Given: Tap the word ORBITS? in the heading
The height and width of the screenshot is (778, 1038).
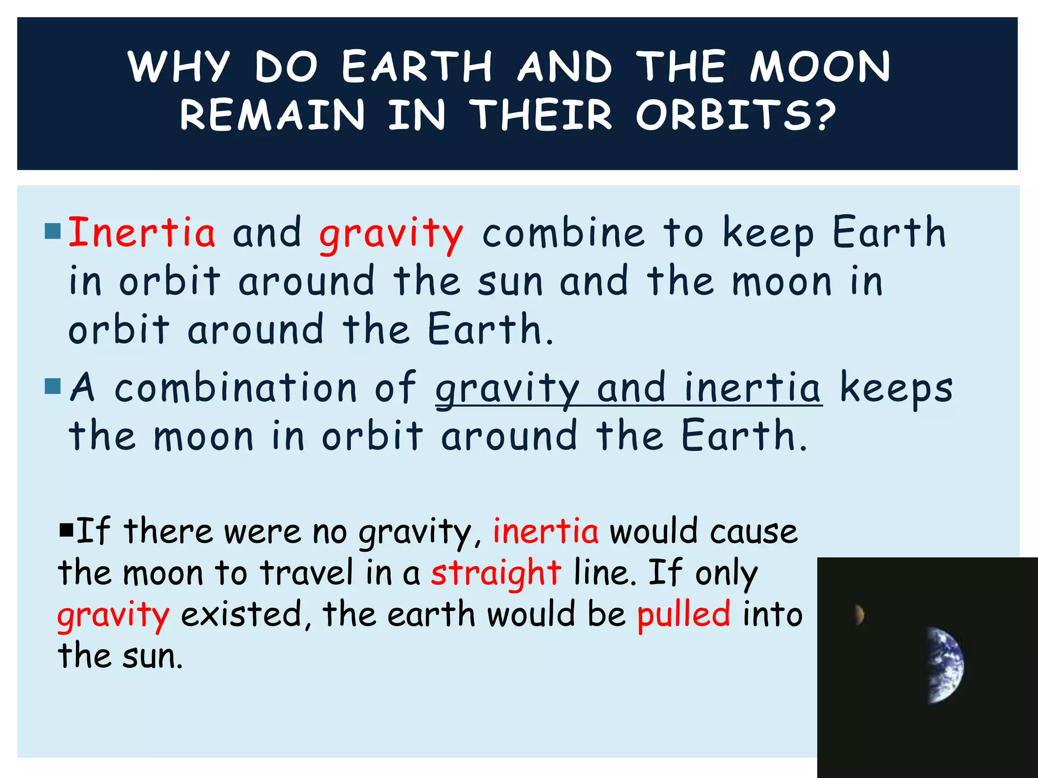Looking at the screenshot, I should pos(735,115).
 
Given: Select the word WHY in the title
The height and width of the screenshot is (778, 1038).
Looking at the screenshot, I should pos(179,67).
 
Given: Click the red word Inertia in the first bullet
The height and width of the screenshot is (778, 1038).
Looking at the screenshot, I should pos(142,233).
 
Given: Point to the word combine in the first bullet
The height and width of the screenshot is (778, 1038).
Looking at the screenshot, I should pos(563,233).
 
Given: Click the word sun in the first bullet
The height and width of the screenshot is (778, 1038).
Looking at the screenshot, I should pos(510,283).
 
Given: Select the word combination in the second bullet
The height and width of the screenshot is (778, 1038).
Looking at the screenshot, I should pos(236,388).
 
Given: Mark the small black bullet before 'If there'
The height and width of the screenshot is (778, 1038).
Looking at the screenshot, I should pos(66,531).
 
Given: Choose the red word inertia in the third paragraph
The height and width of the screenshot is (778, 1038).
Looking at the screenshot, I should pos(545,532).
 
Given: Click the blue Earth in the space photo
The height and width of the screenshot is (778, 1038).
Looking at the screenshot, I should pos(946,665).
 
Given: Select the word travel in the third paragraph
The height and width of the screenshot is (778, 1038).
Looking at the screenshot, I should pos(306,573).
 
